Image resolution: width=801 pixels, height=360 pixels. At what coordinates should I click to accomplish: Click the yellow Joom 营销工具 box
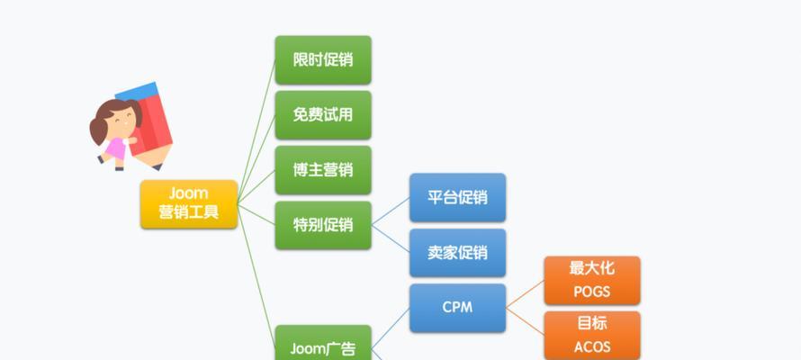[x=189, y=203]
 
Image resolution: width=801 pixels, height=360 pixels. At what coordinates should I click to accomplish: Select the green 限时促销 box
[x=323, y=59]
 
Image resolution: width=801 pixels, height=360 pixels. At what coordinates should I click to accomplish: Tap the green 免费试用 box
[x=323, y=115]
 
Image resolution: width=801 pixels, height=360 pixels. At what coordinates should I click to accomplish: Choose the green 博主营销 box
[x=323, y=170]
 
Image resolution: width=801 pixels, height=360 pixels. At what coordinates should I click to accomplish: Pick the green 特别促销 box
[x=323, y=225]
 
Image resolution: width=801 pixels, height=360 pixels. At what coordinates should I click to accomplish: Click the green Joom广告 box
[x=323, y=343]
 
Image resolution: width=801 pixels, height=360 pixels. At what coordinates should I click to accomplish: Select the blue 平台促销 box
[x=458, y=198]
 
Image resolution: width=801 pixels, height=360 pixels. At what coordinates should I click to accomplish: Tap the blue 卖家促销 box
[x=458, y=253]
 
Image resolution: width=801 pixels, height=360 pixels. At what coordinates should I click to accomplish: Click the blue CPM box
[x=458, y=308]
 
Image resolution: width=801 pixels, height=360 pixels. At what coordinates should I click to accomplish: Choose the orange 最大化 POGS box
[x=592, y=280]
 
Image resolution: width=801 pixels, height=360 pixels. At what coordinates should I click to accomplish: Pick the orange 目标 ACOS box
[x=592, y=336]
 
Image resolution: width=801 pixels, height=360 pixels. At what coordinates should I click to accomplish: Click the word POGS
[x=592, y=292]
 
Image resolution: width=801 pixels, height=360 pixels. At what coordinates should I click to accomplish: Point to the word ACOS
[x=592, y=347]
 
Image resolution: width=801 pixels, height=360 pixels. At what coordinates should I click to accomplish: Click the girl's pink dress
[x=115, y=148]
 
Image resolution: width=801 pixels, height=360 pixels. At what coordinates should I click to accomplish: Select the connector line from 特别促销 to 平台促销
[x=391, y=211]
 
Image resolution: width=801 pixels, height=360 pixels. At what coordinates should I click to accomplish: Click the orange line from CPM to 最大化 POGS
[x=525, y=294]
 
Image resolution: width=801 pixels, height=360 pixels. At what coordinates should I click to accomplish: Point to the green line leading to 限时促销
[x=256, y=131]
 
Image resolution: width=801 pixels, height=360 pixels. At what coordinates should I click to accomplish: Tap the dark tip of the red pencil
[x=157, y=166]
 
